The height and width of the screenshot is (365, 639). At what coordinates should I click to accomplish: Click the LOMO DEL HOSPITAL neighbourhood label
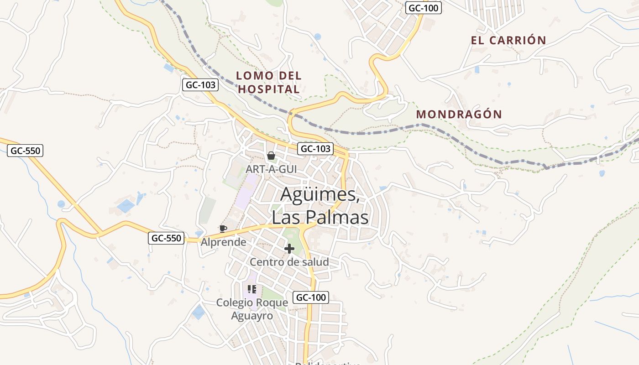coord(269,82)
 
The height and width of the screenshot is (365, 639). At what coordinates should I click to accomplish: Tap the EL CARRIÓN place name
coord(508,40)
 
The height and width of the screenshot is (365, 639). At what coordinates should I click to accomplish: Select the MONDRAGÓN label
coord(459,114)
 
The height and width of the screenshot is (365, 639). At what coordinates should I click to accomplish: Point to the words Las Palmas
coord(320,217)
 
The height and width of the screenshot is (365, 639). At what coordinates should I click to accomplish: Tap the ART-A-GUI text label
coord(271,169)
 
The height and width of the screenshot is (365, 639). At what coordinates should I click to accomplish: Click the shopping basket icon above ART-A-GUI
coord(271,156)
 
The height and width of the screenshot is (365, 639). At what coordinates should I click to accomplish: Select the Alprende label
coord(223,242)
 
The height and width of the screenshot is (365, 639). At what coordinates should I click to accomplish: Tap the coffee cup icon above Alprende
coord(223,229)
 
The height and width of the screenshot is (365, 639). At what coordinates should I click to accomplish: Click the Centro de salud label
coord(289,262)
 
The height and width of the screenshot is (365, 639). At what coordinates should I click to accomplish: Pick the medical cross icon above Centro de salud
coord(289,249)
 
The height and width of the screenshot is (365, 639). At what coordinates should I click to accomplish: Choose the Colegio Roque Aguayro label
coord(252,309)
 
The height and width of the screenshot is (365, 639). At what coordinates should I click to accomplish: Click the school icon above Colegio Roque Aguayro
coord(252,289)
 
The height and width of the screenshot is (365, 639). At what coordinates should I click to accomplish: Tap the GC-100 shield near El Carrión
coord(424,8)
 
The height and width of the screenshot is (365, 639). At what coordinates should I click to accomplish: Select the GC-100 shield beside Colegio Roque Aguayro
coord(311,297)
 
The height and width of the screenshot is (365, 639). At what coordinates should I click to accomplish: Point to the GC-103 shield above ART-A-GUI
coord(315,149)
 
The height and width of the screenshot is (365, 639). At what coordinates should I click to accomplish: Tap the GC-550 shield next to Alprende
coord(166,238)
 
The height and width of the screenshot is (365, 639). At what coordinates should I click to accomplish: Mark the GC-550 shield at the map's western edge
coord(25,151)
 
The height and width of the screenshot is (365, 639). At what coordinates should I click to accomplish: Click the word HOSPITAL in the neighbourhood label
coord(269,89)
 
